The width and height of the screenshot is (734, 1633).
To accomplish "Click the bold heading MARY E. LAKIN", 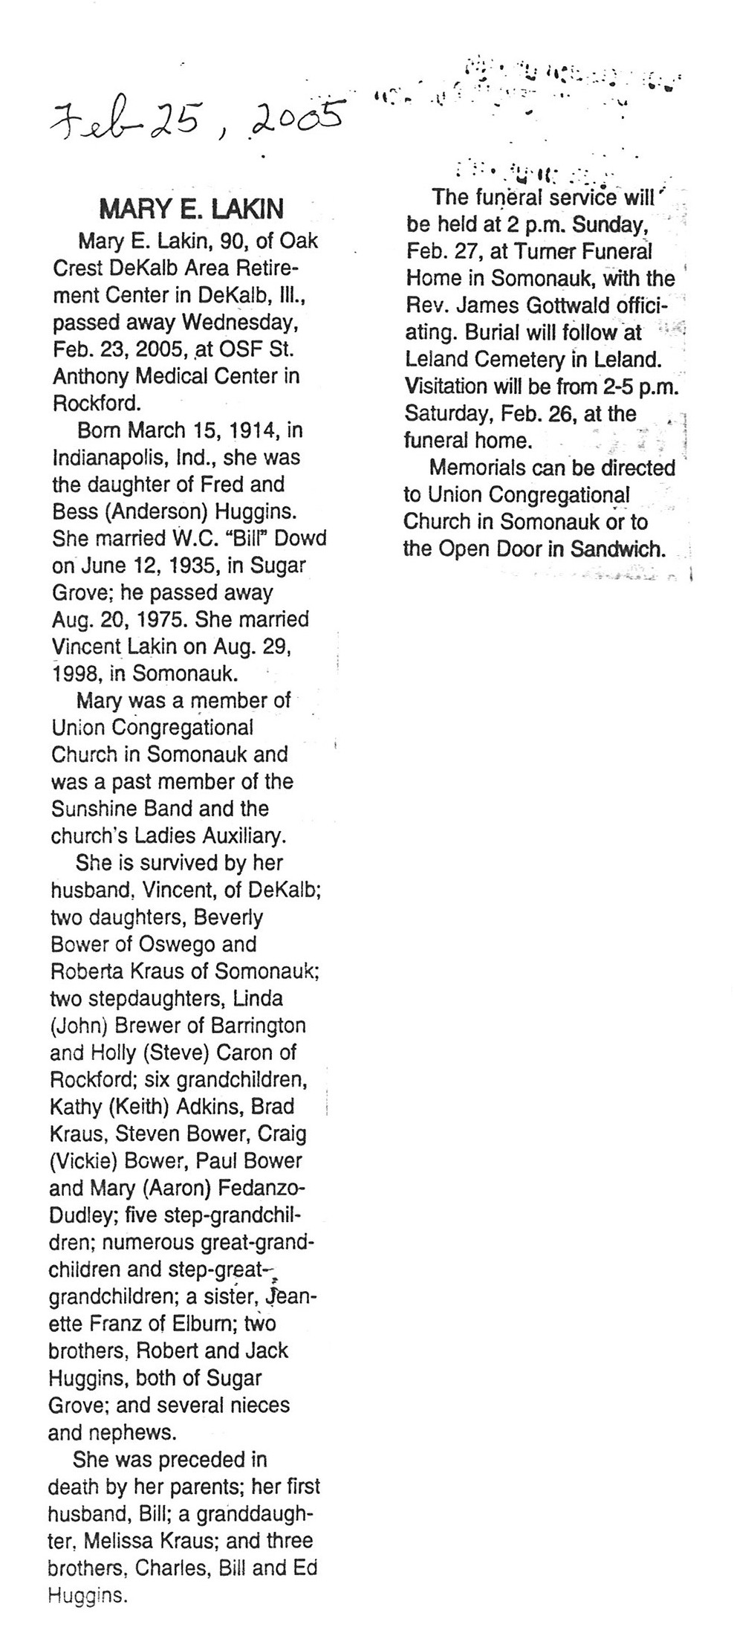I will (191, 210).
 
